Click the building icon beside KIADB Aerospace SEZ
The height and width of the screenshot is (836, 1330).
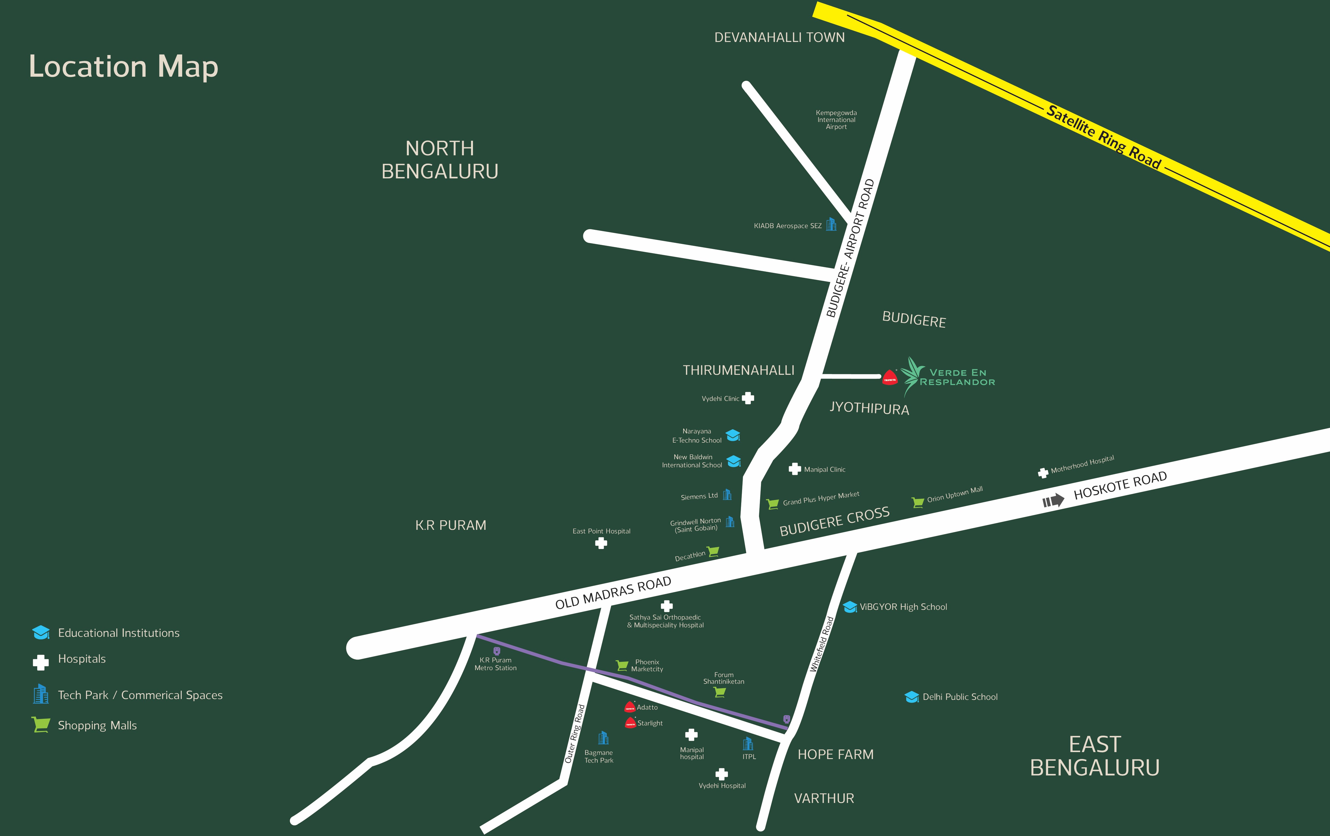pos(831,224)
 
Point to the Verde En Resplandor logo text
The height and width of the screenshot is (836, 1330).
pos(957,377)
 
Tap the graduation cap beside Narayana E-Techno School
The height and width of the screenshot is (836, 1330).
pos(733,435)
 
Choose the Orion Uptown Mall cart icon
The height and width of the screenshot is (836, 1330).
pos(917,502)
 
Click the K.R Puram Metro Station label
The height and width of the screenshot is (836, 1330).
pos(495,664)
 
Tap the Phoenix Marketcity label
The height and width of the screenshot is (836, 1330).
pos(647,665)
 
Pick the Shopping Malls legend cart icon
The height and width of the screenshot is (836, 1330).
pos(41,724)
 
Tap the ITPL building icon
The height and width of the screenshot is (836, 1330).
pos(748,744)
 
